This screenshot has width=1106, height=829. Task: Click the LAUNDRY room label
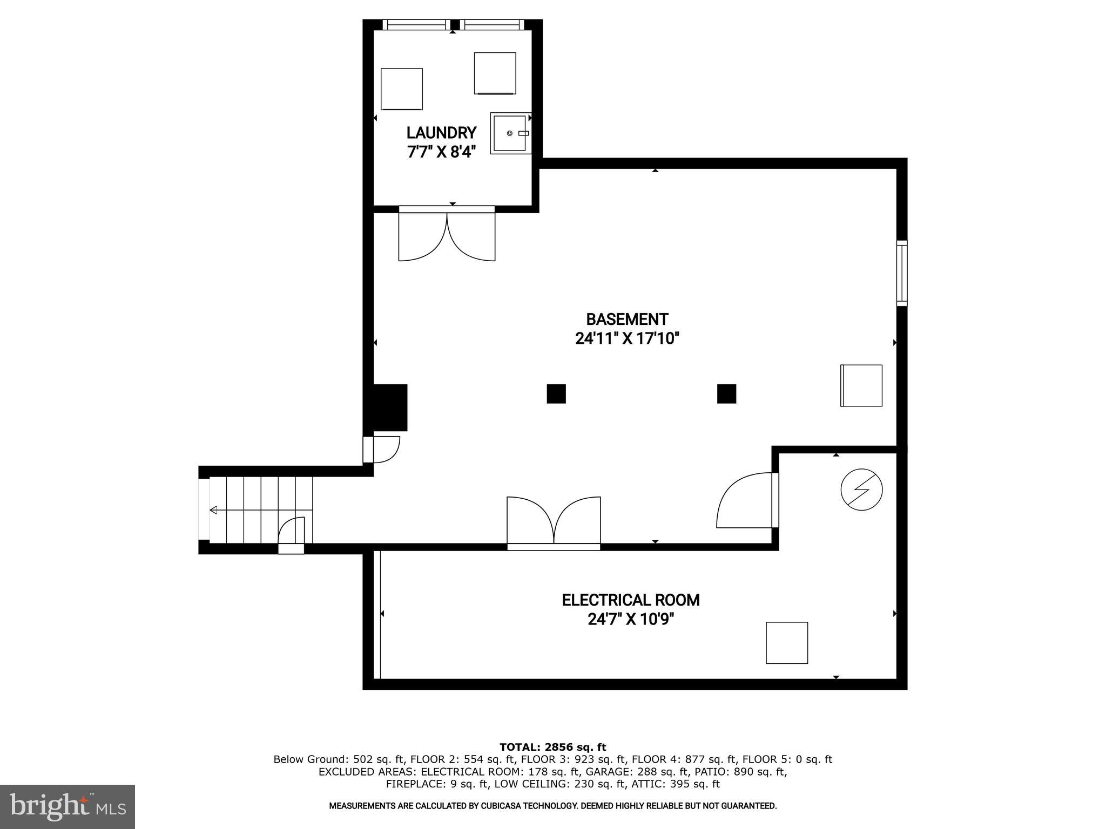441,133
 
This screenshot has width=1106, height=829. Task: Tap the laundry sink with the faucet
509,133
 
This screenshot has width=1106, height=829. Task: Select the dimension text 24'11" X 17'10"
626,339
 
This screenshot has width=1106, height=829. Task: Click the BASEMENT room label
627,319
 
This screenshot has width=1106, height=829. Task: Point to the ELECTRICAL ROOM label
630,600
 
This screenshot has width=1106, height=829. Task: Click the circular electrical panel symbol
861,490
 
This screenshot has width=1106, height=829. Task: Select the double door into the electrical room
554,521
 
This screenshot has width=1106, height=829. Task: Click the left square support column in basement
556,394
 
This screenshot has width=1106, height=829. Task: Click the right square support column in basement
726,394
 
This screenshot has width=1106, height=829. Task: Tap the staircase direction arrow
214,510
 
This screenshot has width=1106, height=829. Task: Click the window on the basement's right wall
902,273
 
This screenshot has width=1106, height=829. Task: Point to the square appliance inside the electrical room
786,643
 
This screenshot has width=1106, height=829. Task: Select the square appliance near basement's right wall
861,385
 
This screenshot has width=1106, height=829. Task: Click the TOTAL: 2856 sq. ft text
552,747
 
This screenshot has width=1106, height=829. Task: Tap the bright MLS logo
68,806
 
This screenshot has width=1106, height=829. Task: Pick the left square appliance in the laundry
401,89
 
